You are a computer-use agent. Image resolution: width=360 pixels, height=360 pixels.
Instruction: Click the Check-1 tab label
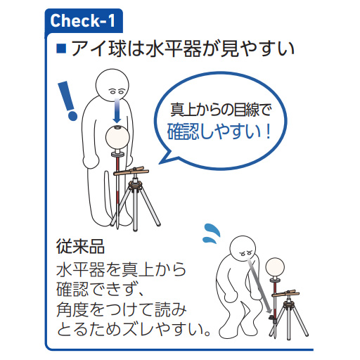(82, 20)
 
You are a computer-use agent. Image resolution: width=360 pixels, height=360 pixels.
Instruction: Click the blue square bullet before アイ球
(61, 49)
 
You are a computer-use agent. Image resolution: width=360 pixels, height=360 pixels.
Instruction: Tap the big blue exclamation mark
(67, 101)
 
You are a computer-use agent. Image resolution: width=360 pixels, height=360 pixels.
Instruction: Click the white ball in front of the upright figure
(117, 137)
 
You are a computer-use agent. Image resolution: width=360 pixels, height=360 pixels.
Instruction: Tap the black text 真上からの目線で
(221, 110)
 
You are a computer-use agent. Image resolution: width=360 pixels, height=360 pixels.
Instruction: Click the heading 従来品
(80, 247)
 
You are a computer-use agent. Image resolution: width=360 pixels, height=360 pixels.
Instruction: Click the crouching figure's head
(243, 249)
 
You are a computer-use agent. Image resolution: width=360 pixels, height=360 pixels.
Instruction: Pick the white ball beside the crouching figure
(275, 267)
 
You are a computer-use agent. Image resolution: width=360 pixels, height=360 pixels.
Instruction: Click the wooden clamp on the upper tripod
(131, 171)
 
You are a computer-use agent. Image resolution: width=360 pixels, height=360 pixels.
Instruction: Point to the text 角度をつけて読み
(122, 309)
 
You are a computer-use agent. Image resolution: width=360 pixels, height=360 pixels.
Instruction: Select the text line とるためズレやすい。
(133, 329)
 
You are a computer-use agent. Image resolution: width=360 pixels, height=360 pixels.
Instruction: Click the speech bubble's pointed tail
(165, 158)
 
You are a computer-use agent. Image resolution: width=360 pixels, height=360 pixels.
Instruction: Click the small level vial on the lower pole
(271, 319)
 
